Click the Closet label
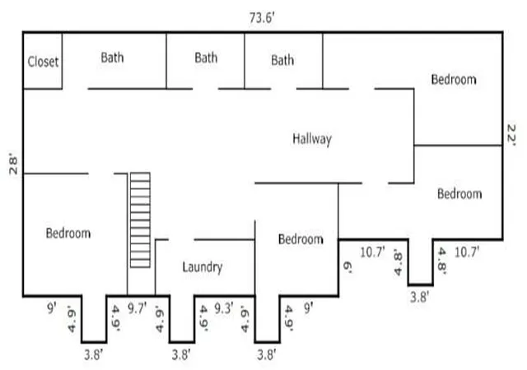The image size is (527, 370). pos(43,62)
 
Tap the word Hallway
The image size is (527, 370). pos(312,139)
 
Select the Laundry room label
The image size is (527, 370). pos(203,267)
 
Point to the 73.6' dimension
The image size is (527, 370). pos(262,18)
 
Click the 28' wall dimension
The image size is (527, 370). pos(13,164)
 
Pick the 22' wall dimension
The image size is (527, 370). pos(511,135)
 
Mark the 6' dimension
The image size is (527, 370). pos(347,267)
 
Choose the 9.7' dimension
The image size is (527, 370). pos(138,308)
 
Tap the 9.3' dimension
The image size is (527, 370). pos(224,308)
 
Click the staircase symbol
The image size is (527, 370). pos(140,220)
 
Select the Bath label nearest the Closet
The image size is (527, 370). pos(112,58)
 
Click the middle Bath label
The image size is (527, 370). pos(206,58)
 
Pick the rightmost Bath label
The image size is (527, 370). pos(282,61)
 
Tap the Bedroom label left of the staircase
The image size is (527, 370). pos(68,233)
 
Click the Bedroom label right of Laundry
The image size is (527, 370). pos(301,239)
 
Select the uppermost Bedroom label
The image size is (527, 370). pos(454,79)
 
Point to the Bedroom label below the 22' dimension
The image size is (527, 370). pos(459,194)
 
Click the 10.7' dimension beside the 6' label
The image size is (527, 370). pos(372,252)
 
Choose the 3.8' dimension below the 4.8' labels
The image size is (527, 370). pos(419,297)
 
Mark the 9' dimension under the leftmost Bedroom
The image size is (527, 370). pos(51,308)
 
